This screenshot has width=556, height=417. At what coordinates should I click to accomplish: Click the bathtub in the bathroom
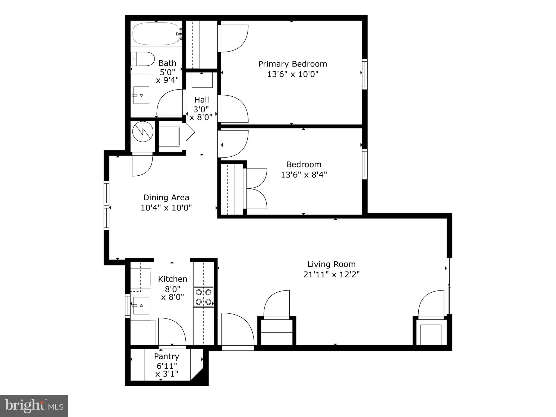(x=156, y=34)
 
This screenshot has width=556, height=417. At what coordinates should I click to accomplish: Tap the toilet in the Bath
(x=142, y=59)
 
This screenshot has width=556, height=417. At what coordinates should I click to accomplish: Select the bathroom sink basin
(x=141, y=95)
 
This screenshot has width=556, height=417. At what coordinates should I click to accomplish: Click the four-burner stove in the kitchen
(x=203, y=297)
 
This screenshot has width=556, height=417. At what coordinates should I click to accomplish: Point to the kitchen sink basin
(x=141, y=305)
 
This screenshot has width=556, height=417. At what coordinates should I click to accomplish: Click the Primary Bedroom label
(x=292, y=64)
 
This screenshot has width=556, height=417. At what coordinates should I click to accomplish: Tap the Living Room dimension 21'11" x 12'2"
(x=331, y=274)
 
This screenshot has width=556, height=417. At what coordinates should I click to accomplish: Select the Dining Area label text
(x=166, y=197)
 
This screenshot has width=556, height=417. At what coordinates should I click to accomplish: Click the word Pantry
(x=166, y=356)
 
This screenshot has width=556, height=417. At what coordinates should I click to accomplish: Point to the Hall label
(x=201, y=100)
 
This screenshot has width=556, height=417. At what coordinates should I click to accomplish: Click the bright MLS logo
(x=34, y=406)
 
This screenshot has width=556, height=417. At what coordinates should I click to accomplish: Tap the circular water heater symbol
(x=143, y=132)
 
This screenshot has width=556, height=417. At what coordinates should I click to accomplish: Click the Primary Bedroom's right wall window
(x=365, y=74)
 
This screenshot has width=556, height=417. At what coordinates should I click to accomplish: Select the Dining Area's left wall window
(x=106, y=206)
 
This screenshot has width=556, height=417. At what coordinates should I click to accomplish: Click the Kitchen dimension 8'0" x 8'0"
(x=173, y=293)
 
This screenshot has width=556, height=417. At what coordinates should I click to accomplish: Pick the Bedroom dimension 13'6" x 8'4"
(x=304, y=175)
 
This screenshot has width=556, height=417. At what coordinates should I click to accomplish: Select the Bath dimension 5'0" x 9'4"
(x=167, y=76)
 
